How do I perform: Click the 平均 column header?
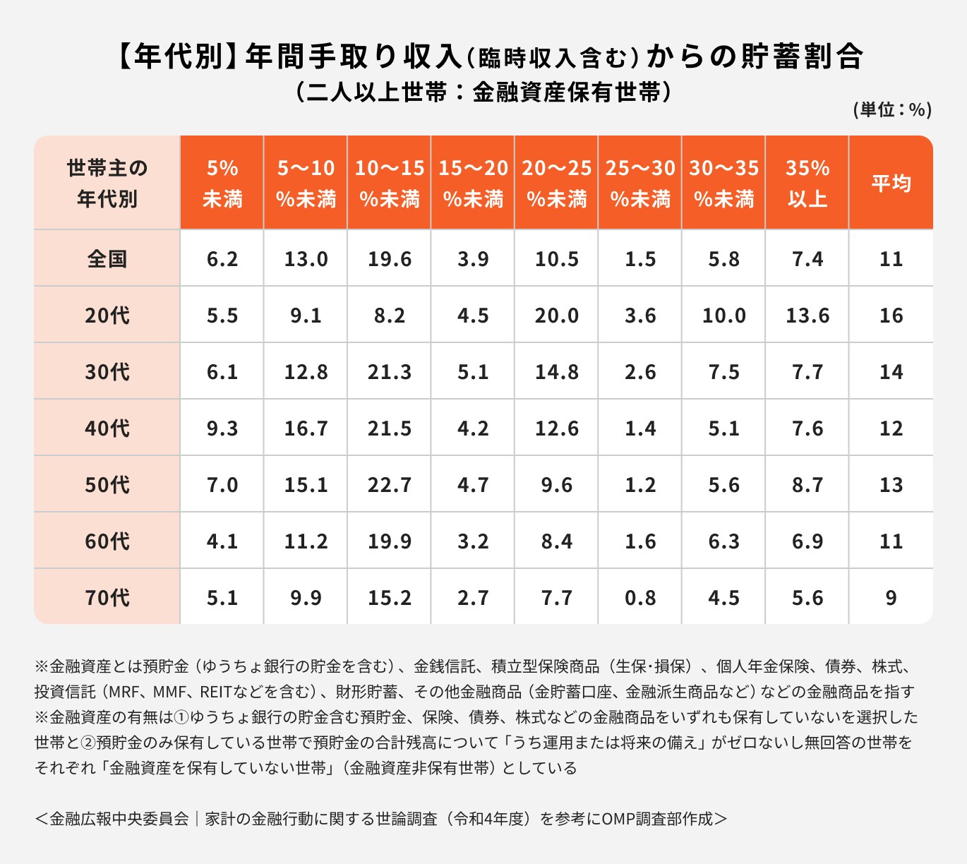tap(891, 184)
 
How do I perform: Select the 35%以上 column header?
tap(807, 184)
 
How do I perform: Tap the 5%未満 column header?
tap(222, 184)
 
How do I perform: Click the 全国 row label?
tap(107, 259)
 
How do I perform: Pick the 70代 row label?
tap(107, 598)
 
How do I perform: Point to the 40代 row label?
tap(107, 428)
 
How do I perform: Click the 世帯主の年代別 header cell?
tap(107, 184)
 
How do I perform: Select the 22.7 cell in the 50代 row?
tap(389, 485)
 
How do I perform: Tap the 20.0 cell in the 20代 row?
tap(556, 316)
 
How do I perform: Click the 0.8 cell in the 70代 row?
tap(640, 598)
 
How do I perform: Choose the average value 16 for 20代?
tap(891, 316)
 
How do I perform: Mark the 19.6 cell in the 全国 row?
tap(389, 259)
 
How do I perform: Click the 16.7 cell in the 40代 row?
tap(306, 428)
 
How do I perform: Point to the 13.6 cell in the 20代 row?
tap(807, 316)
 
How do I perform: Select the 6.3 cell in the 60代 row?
tap(723, 541)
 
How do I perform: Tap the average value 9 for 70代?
tap(891, 598)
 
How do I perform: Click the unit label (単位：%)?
tap(892, 109)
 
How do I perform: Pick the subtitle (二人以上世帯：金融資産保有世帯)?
tap(483, 92)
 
